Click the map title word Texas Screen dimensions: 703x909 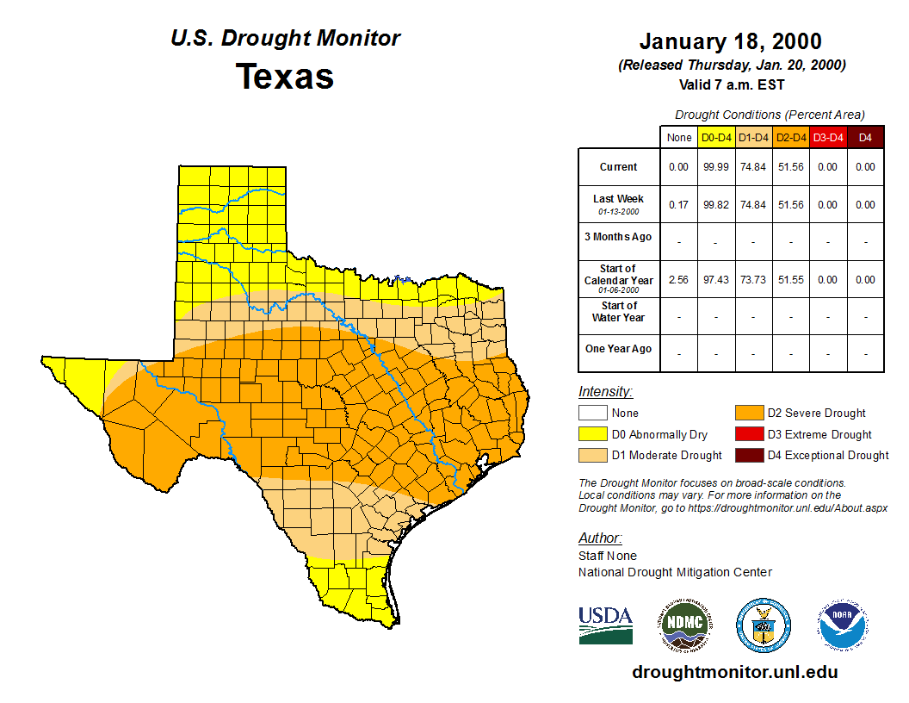(x=285, y=77)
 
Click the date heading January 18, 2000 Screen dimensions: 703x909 (x=730, y=41)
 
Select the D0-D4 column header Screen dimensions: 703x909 (x=716, y=138)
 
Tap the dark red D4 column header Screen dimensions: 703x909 (x=865, y=138)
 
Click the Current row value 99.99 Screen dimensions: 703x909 (x=716, y=167)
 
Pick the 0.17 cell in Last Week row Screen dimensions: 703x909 (x=678, y=205)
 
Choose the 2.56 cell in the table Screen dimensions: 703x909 (x=678, y=280)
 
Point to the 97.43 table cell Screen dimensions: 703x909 (x=716, y=280)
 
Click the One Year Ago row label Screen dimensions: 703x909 (x=618, y=349)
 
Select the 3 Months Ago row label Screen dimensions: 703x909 (x=618, y=237)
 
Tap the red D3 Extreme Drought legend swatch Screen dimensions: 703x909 (x=748, y=434)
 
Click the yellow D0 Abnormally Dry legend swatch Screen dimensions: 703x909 (x=592, y=434)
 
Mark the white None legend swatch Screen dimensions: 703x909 (x=592, y=414)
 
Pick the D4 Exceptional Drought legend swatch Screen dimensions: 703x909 (x=748, y=455)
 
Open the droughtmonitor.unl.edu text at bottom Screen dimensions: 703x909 (x=734, y=672)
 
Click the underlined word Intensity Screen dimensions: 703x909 (x=605, y=392)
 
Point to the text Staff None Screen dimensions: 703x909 (x=608, y=556)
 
